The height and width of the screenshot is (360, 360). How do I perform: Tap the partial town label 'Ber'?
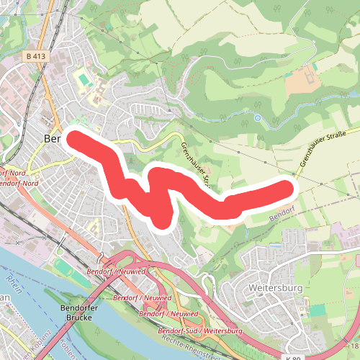tap(53, 138)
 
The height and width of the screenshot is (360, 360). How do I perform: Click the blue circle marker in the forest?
tap(257, 117)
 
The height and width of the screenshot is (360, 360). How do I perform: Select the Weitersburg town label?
tap(275, 288)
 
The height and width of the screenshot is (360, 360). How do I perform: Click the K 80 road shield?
tap(292, 357)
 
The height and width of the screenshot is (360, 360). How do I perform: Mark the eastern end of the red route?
tap(288, 189)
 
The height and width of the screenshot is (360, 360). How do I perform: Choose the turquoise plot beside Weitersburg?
tap(318, 310)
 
